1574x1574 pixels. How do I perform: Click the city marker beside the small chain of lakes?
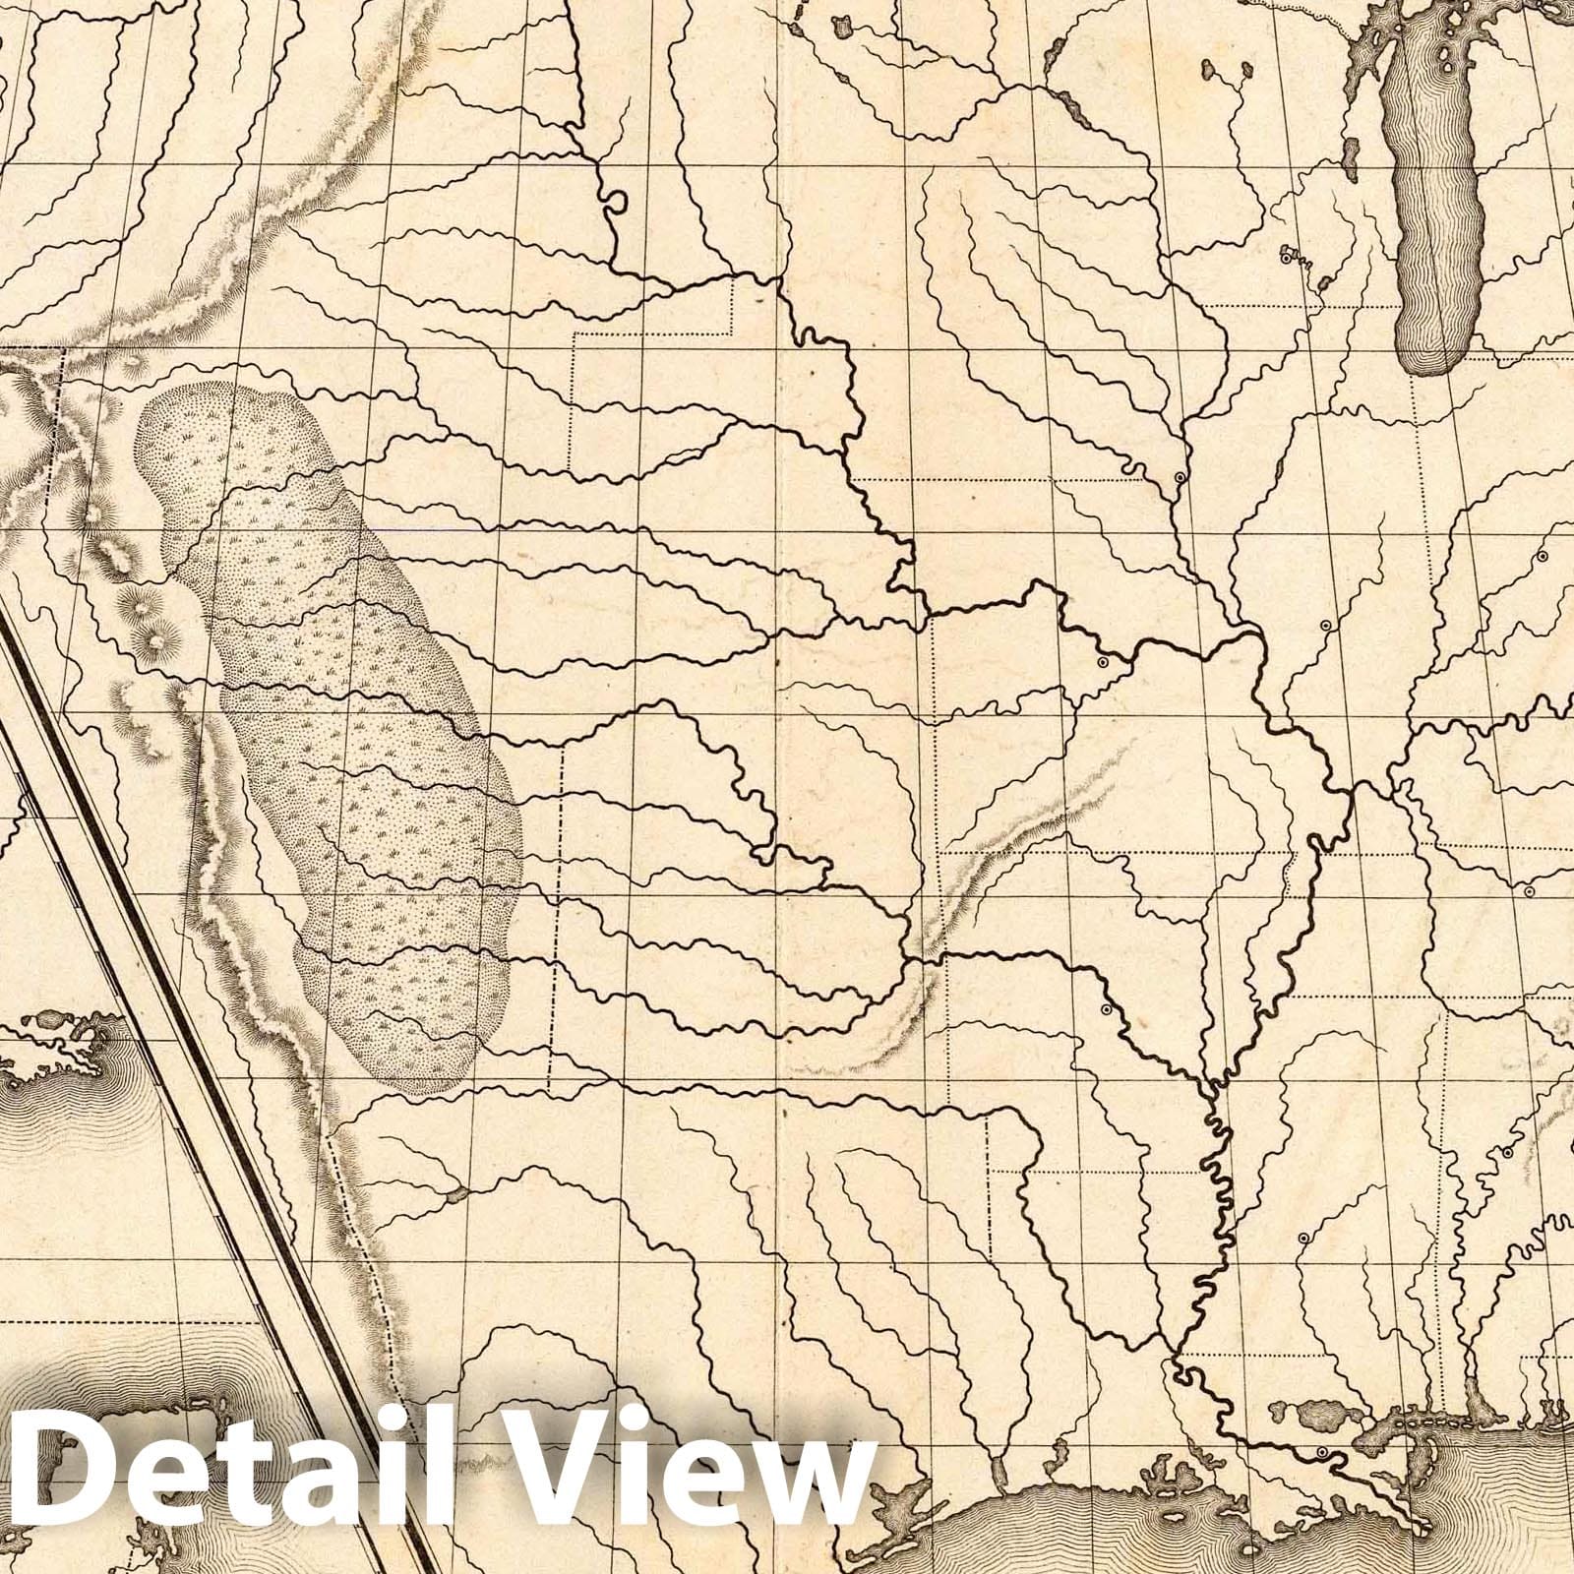[x=1285, y=258]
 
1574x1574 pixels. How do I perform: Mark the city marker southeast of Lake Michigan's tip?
[x=1542, y=557]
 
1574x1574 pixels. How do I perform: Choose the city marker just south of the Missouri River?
[x=1102, y=664]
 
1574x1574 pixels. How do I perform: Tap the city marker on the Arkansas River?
[x=1106, y=1009]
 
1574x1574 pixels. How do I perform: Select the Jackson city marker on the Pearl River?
[x=1302, y=1238]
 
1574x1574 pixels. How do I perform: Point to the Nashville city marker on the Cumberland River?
[x=1529, y=892]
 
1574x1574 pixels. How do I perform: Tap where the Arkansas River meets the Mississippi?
[x=1210, y=1082]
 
